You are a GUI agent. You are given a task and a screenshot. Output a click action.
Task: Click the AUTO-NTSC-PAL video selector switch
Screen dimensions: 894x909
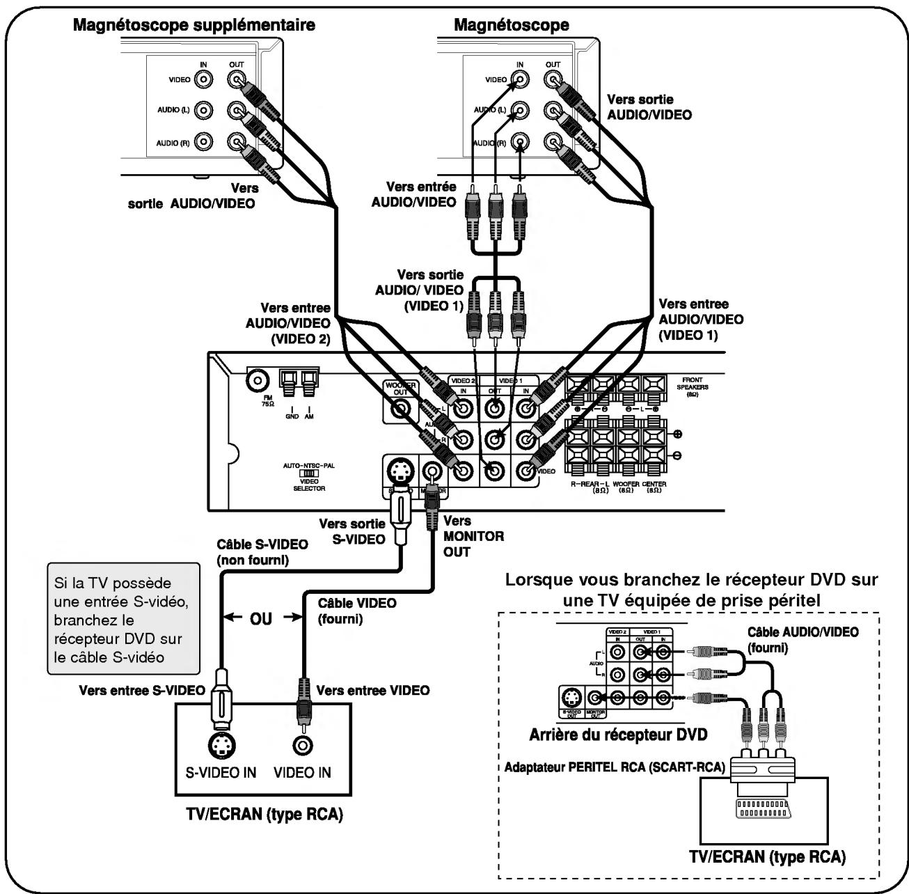coord(308,473)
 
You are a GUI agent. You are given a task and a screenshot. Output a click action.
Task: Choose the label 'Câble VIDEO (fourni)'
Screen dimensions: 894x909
coord(356,610)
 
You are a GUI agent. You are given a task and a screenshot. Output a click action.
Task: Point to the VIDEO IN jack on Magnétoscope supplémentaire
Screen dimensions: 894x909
coord(203,79)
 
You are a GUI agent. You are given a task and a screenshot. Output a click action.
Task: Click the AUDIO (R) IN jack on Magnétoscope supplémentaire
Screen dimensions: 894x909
coord(203,143)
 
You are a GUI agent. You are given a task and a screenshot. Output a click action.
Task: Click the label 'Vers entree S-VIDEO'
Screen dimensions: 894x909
coord(142,691)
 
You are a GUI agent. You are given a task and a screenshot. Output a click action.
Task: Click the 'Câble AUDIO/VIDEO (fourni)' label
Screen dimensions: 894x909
coord(802,639)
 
